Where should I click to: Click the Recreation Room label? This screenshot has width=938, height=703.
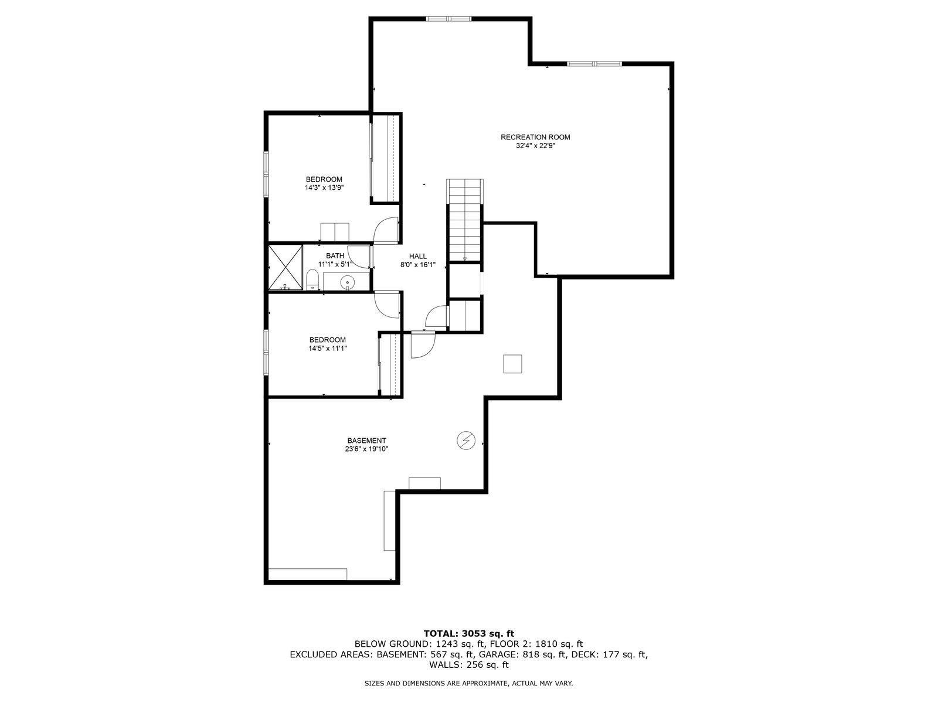(x=535, y=137)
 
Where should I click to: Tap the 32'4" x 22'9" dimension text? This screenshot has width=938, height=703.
(x=535, y=145)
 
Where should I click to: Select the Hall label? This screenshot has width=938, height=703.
(x=417, y=256)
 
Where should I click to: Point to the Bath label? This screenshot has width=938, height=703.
(x=335, y=255)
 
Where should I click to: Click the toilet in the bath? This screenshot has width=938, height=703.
(x=312, y=279)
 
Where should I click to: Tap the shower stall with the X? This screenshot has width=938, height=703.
(x=286, y=268)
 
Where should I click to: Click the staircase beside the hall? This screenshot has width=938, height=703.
(x=464, y=220)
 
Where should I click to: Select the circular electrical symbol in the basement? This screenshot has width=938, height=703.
(x=466, y=440)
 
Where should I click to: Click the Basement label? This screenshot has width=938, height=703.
(x=366, y=441)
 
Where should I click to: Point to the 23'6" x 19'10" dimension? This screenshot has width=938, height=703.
(x=366, y=449)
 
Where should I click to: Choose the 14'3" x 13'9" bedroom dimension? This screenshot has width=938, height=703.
(x=324, y=188)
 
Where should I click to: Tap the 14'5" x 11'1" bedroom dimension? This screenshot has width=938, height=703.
(x=327, y=349)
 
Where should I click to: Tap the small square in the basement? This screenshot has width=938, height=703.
(x=512, y=364)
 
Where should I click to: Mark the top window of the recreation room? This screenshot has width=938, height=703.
(x=448, y=19)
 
